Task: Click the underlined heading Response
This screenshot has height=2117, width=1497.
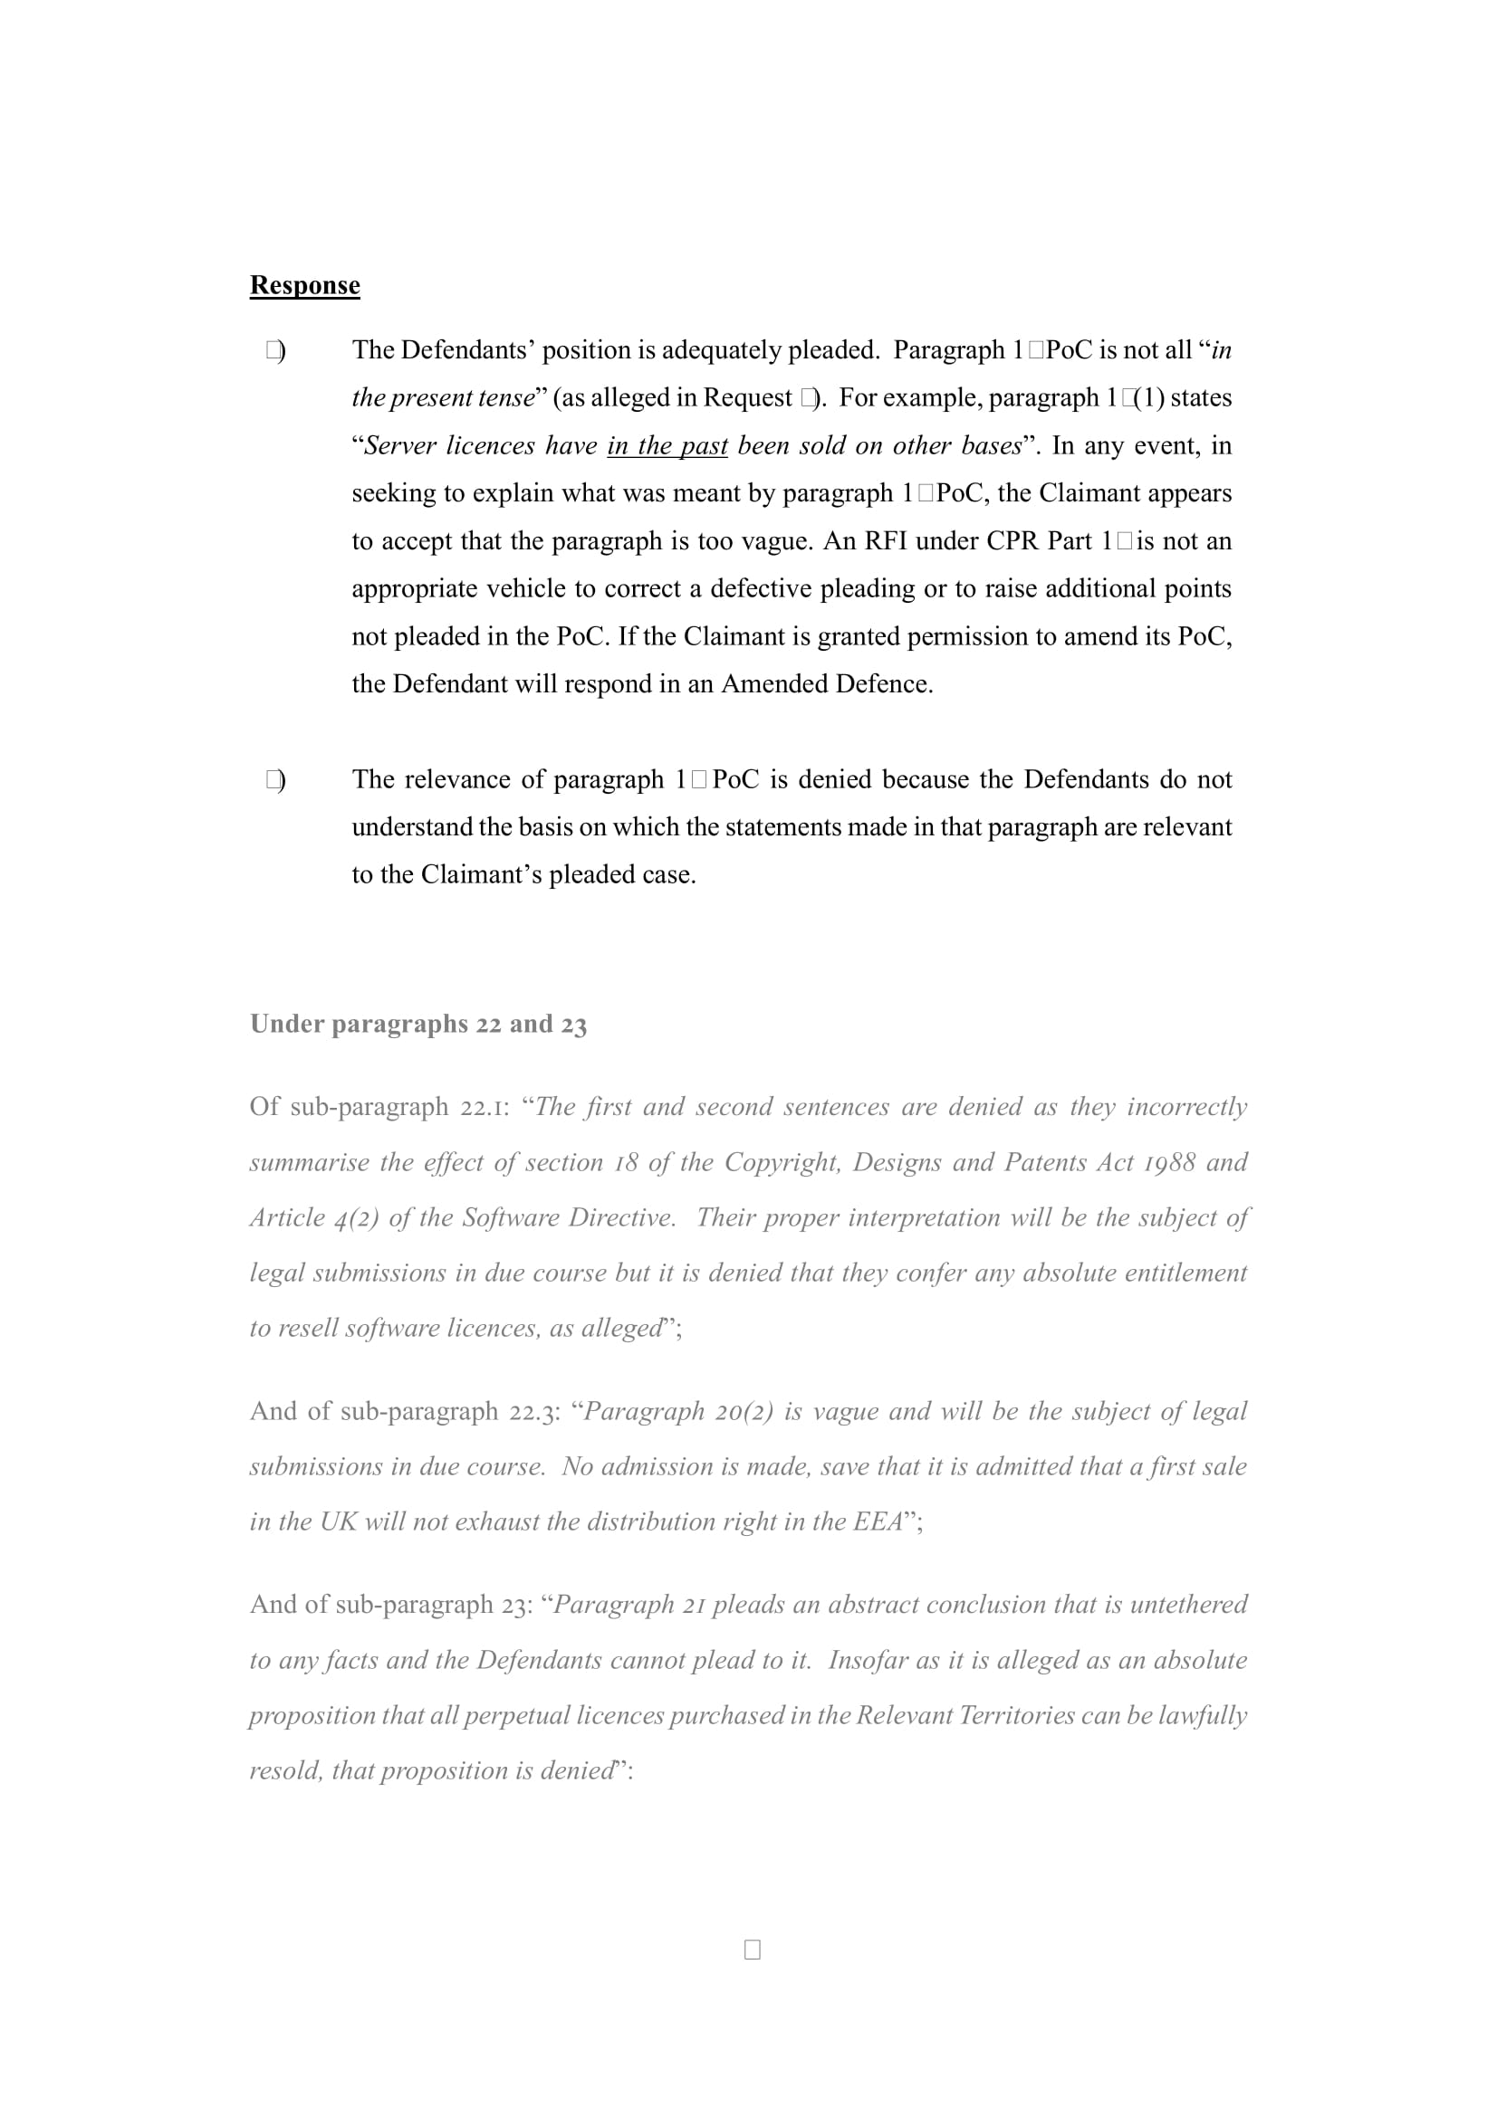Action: [304, 285]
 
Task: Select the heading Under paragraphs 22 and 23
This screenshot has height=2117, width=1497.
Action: [417, 1024]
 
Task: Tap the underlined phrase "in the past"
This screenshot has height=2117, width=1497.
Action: [667, 445]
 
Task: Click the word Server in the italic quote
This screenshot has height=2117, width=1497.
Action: [400, 445]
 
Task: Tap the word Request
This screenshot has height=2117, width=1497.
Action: [747, 397]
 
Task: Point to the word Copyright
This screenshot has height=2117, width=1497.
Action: [782, 1162]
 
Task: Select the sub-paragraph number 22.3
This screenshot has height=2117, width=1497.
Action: [534, 1411]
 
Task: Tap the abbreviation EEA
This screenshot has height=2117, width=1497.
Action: [878, 1521]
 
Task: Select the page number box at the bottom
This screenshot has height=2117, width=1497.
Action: [752, 1950]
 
